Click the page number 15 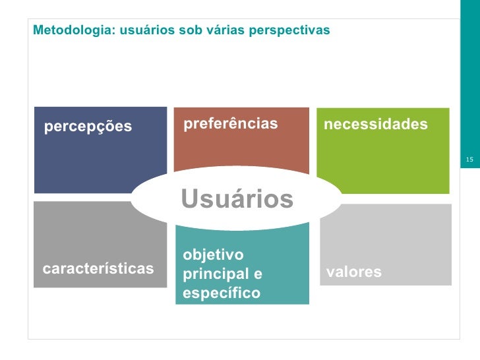[469, 160]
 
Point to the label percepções [88, 127]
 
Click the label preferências [230, 124]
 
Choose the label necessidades [375, 124]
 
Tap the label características [98, 268]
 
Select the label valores [354, 272]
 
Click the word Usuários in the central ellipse [237, 198]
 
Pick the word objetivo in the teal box [213, 255]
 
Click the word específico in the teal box [222, 293]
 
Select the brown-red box [241, 145]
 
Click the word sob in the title [187, 31]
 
